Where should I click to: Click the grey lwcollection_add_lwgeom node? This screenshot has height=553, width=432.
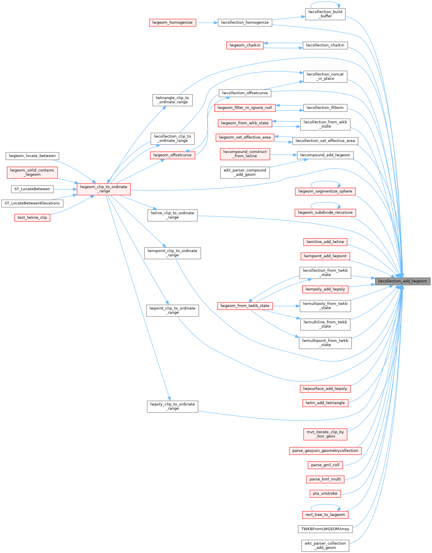click(402, 281)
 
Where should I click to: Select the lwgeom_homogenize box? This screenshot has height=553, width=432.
click(173, 23)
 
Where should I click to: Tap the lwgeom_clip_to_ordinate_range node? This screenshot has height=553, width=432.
click(104, 189)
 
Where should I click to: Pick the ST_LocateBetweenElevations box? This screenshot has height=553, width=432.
click(32, 203)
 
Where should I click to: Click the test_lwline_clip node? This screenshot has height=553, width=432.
click(32, 217)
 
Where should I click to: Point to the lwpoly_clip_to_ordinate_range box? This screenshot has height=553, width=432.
click(173, 406)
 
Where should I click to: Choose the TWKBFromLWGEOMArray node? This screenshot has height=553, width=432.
click(325, 529)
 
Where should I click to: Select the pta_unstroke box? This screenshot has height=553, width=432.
click(325, 493)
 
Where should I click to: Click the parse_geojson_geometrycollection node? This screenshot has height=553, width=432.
click(325, 451)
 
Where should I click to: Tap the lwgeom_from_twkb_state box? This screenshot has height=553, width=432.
click(245, 306)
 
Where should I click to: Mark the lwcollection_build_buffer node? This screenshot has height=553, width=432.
click(325, 14)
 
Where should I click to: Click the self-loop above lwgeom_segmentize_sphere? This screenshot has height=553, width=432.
click(325, 182)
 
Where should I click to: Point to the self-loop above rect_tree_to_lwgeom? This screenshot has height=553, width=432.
click(325, 505)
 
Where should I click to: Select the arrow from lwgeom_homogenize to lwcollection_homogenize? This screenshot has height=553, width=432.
click(207, 23)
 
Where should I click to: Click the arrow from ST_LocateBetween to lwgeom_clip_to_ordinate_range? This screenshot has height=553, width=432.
click(65, 189)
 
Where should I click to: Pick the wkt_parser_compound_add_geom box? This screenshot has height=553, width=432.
click(245, 172)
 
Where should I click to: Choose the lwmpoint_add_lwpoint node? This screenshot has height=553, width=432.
click(325, 256)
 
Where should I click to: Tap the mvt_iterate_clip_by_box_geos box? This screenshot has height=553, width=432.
click(325, 434)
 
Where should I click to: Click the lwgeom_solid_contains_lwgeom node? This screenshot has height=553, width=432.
click(32, 172)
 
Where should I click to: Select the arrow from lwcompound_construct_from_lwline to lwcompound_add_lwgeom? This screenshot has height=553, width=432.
click(283, 155)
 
